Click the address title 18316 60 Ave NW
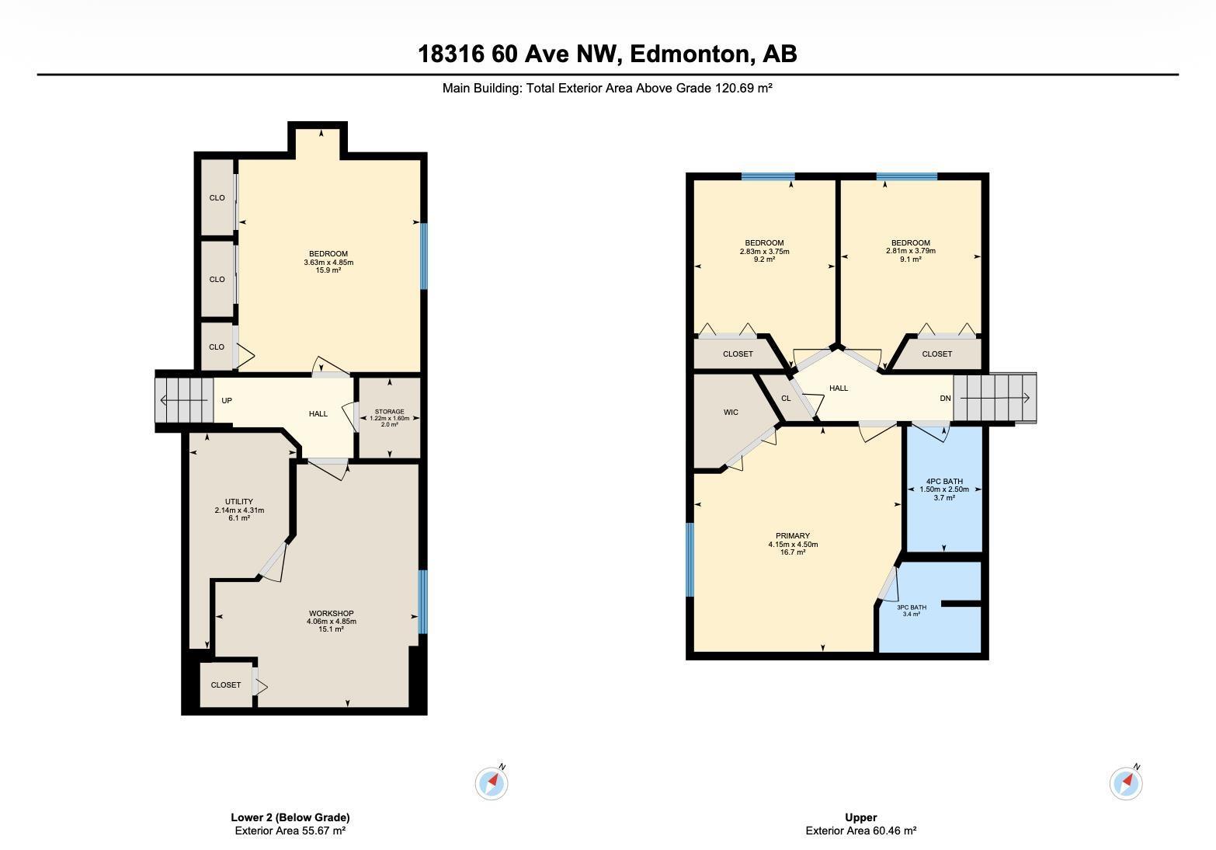pyautogui.click(x=607, y=54)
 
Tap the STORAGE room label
pyautogui.click(x=389, y=412)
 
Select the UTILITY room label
pyautogui.click(x=239, y=502)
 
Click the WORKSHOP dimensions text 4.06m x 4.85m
pyautogui.click(x=332, y=622)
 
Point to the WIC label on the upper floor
pyautogui.click(x=731, y=413)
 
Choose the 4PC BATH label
pyautogui.click(x=944, y=482)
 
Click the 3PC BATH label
pyautogui.click(x=912, y=608)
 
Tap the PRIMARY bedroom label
pyautogui.click(x=793, y=536)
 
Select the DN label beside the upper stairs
pyautogui.click(x=945, y=399)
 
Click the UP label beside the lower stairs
pyautogui.click(x=227, y=401)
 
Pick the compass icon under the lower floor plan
pyautogui.click(x=492, y=782)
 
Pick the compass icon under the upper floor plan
pyautogui.click(x=1126, y=782)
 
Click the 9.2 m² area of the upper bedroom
pyautogui.click(x=764, y=260)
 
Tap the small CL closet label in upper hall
pyautogui.click(x=786, y=399)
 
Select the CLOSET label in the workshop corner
pyautogui.click(x=226, y=685)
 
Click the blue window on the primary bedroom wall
pyautogui.click(x=690, y=559)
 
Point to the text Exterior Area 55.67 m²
pyautogui.click(x=290, y=831)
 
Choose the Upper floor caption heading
pyautogui.click(x=860, y=817)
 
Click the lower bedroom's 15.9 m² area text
pyautogui.click(x=328, y=270)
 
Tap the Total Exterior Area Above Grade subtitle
pyautogui.click(x=607, y=89)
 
